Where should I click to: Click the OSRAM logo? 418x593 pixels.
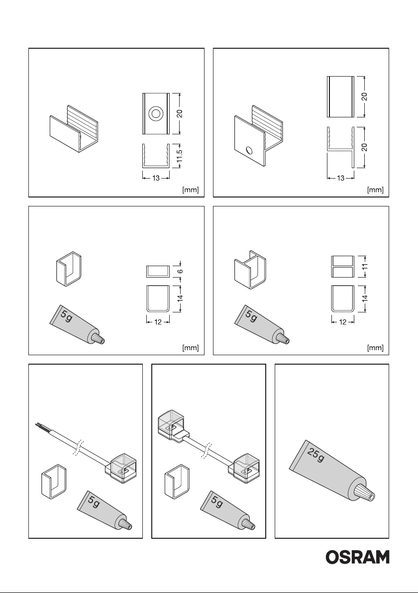pos(357,557)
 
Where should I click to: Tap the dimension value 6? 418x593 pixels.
pos(181,271)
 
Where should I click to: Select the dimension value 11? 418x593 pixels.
pos(365,266)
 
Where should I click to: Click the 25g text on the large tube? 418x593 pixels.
pos(315,455)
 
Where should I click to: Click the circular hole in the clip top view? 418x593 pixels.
pos(156,113)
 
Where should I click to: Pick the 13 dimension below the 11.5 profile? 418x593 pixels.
pos(156,178)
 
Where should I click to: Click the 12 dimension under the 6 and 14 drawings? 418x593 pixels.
pos(158,322)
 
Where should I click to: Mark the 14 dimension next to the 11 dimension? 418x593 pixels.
pos(365,298)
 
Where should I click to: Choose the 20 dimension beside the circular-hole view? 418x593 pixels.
pos(180,113)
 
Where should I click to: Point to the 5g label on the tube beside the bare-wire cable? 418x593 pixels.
pos(94,502)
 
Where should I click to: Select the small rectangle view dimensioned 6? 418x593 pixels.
pos(158,271)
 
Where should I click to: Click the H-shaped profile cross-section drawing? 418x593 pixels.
pos(340,147)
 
